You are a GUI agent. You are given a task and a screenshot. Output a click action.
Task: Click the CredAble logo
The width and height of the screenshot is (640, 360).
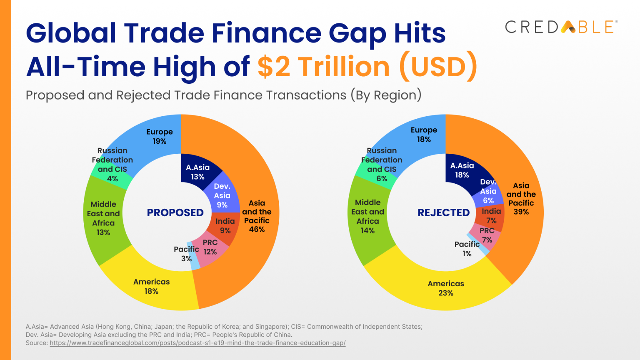pos(561,27)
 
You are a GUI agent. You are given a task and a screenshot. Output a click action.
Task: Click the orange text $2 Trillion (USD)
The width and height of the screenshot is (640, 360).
pos(367,67)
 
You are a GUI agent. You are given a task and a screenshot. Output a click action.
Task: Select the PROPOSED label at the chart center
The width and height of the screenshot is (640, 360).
pos(175,212)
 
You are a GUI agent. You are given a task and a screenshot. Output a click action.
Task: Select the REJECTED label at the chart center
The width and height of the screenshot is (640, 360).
pos(443,212)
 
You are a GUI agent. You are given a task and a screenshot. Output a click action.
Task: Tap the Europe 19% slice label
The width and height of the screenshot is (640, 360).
pos(159,136)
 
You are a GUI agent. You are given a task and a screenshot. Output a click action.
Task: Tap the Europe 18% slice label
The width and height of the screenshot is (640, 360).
pos(424,135)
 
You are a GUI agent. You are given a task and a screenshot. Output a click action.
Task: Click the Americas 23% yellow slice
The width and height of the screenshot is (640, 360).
pos(445,288)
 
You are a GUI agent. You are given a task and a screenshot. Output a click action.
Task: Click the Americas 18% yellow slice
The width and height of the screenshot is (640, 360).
pos(151,286)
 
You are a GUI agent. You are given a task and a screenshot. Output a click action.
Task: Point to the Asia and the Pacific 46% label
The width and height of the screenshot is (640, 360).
pos(257,216)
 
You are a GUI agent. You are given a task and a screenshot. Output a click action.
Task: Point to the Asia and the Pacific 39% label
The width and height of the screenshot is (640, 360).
pos(521,198)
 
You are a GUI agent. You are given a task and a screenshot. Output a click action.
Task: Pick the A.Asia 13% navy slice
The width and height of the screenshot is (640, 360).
pos(197,172)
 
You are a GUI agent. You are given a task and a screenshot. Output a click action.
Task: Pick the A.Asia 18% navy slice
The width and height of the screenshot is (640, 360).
pos(462,170)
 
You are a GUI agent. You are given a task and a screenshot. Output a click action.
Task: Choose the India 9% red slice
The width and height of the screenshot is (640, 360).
pos(225,225)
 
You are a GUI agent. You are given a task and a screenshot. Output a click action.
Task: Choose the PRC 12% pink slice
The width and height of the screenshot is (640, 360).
pos(210,247)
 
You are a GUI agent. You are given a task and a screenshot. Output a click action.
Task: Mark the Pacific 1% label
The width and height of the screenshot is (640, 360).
pos(467,249)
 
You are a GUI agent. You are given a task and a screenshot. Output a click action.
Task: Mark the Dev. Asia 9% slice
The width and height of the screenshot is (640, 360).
pos(222,195)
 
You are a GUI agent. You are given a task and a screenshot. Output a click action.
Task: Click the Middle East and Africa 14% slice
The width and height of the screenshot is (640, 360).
pos(367,216)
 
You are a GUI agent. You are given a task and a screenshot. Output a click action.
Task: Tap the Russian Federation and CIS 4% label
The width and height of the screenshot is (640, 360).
pos(112,165)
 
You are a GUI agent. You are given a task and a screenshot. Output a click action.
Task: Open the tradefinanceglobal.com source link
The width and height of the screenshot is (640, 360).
pos(197,343)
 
